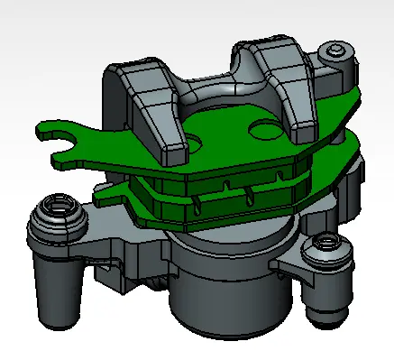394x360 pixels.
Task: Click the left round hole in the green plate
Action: click(x=192, y=143)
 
